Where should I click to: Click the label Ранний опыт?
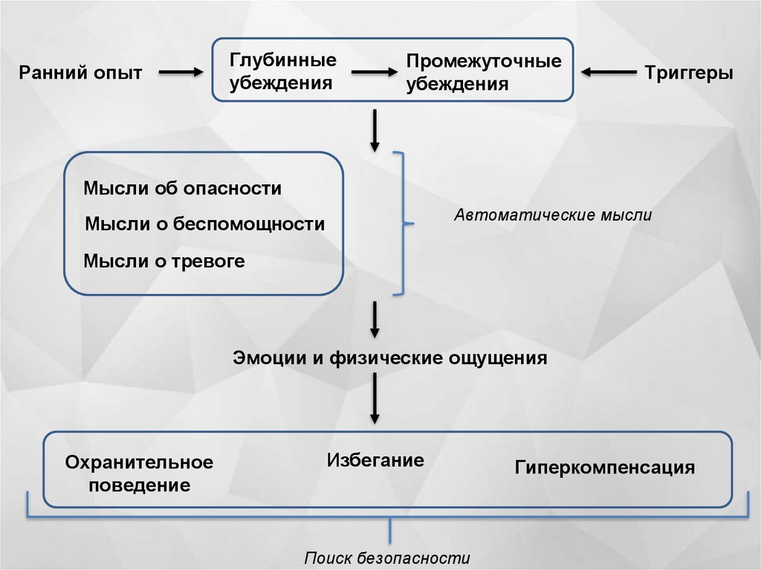point(80,73)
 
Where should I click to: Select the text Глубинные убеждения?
point(282,71)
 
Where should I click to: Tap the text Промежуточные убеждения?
point(483,73)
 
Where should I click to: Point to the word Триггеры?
point(689,73)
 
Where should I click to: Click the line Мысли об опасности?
point(182,188)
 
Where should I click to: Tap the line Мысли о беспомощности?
point(205,224)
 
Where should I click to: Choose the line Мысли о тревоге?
point(163,261)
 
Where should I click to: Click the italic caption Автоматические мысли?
point(553,216)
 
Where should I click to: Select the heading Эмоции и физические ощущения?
point(390,358)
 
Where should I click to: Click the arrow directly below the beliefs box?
point(375,129)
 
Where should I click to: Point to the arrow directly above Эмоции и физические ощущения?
point(375,319)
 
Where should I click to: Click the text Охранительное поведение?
point(139,474)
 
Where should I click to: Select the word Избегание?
point(375,460)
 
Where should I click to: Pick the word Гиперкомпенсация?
point(604,468)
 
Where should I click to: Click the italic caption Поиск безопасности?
point(387,558)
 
